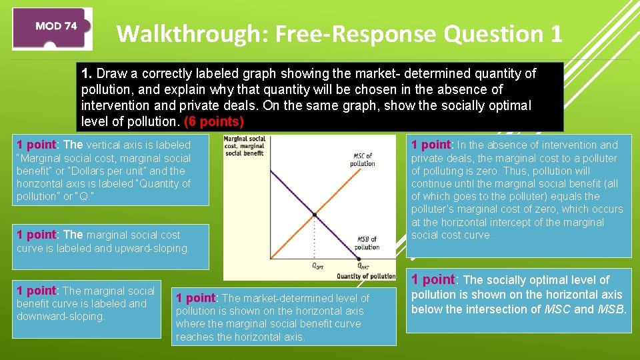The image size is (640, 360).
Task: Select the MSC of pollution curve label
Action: (x=363, y=159)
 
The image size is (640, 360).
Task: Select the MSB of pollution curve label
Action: (x=367, y=243)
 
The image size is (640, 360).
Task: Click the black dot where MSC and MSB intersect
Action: (x=314, y=215)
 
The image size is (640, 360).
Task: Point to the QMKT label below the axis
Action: (x=363, y=266)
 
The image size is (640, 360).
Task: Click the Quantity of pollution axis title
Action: (x=365, y=276)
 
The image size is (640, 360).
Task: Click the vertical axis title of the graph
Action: (x=244, y=146)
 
